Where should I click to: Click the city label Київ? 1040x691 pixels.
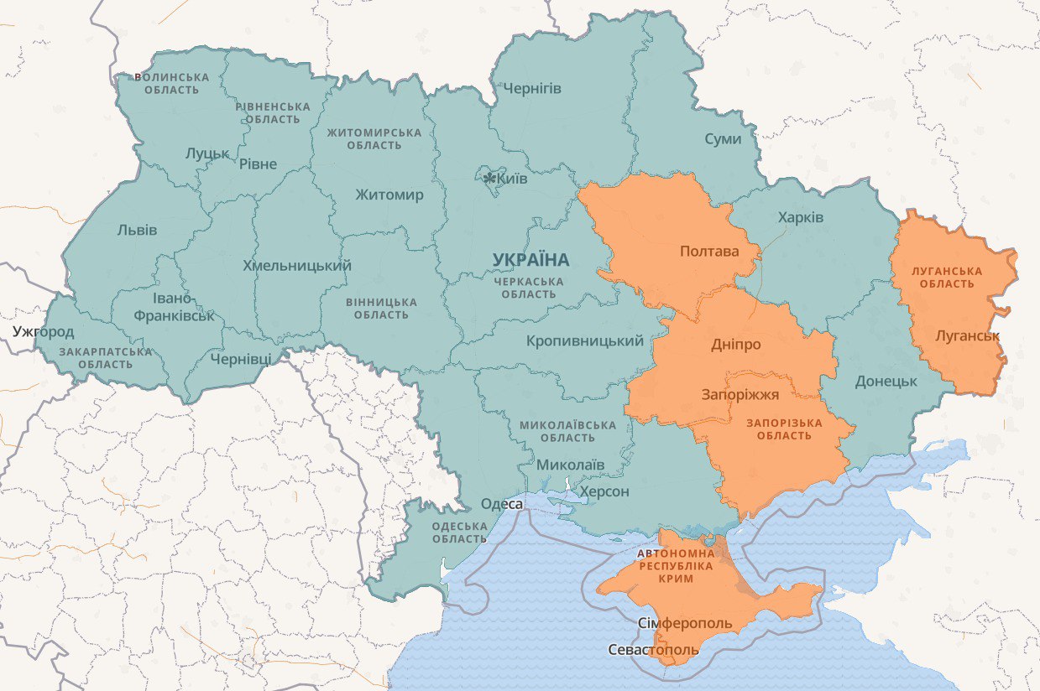pyautogui.click(x=512, y=179)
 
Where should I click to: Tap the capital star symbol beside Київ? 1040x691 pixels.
pyautogui.click(x=489, y=178)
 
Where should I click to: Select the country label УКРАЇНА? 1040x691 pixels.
pyautogui.click(x=530, y=260)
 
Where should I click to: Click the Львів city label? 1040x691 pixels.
pyautogui.click(x=137, y=230)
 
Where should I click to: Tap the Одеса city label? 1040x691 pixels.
pyautogui.click(x=501, y=504)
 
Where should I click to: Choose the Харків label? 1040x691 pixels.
pyautogui.click(x=801, y=218)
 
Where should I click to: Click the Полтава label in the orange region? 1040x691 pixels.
pyautogui.click(x=709, y=252)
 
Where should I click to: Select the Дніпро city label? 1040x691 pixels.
pyautogui.click(x=735, y=345)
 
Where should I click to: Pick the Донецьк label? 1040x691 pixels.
pyautogui.click(x=886, y=381)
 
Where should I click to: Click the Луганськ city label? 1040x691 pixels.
pyautogui.click(x=968, y=335)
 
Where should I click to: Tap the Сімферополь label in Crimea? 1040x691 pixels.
pyautogui.click(x=685, y=624)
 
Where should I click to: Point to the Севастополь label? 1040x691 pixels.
pyautogui.click(x=653, y=650)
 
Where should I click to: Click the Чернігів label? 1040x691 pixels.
pyautogui.click(x=531, y=88)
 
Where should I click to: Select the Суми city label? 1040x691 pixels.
pyautogui.click(x=723, y=138)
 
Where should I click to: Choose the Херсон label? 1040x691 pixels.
pyautogui.click(x=604, y=491)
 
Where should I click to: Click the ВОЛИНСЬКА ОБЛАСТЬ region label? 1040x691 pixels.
pyautogui.click(x=171, y=83)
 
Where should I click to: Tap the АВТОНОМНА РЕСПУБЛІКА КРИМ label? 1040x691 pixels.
pyautogui.click(x=676, y=566)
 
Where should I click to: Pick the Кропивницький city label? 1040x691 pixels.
pyautogui.click(x=585, y=340)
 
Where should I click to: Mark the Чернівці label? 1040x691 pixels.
pyautogui.click(x=241, y=358)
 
